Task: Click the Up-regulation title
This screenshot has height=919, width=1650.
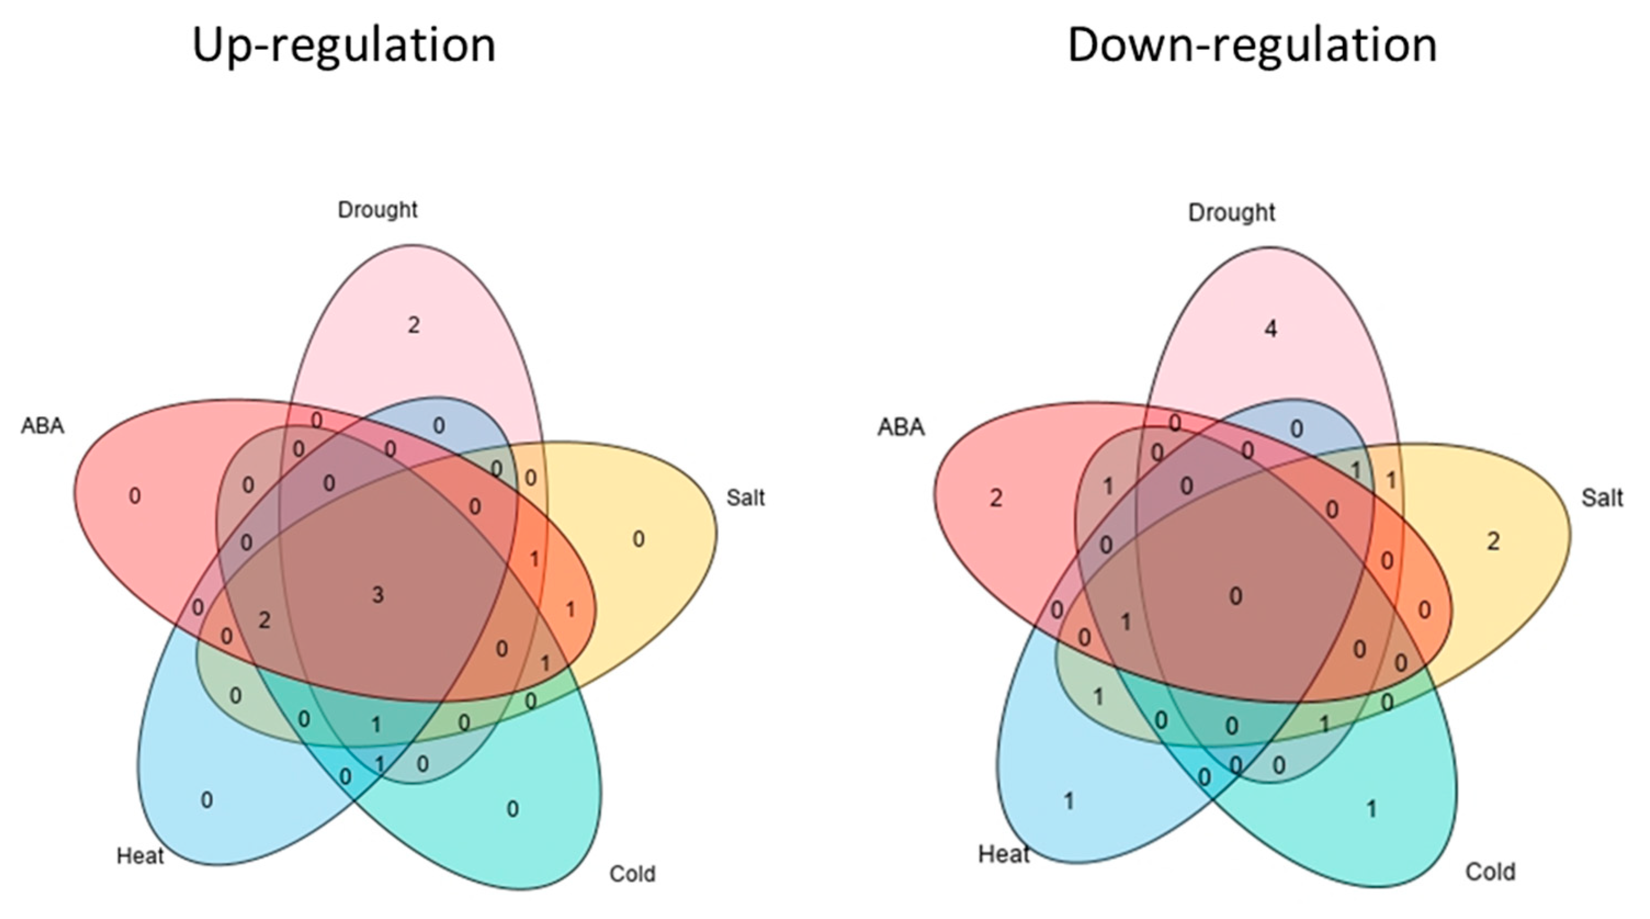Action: [344, 46]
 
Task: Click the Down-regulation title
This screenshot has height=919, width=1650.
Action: [1251, 46]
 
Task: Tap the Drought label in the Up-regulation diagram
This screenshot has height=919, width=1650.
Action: [377, 209]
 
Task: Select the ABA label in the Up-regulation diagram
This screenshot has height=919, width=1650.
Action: [43, 426]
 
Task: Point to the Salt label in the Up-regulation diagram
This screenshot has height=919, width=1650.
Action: [746, 497]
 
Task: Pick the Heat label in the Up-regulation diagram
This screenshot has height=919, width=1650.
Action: [140, 855]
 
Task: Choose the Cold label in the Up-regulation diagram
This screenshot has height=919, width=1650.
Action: [632, 873]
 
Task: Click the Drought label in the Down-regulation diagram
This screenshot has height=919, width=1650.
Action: [1231, 213]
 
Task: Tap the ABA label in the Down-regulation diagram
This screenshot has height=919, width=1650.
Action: [900, 427]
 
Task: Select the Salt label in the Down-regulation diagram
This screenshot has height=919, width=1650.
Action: [1602, 497]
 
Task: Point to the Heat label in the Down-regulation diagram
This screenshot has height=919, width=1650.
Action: [1003, 854]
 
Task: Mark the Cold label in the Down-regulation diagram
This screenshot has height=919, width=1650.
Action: [1490, 872]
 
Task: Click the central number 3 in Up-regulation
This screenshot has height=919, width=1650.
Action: [378, 595]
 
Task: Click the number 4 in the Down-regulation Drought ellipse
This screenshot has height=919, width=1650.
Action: [1271, 329]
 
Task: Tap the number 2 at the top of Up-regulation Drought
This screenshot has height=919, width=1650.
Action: [414, 325]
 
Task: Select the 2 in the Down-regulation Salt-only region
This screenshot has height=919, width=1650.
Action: [1493, 542]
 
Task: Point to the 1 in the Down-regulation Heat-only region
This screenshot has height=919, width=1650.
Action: [1068, 801]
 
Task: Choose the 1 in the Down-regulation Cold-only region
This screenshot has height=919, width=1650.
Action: [1371, 809]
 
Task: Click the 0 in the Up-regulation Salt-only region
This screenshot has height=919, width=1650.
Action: [639, 539]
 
